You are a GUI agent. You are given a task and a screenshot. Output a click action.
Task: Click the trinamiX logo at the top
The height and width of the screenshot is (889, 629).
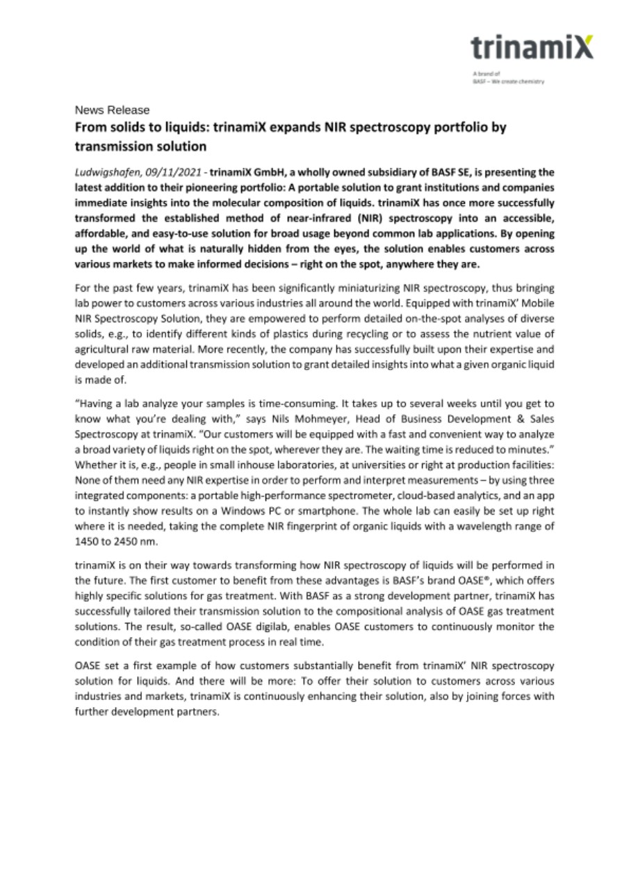(x=532, y=47)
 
